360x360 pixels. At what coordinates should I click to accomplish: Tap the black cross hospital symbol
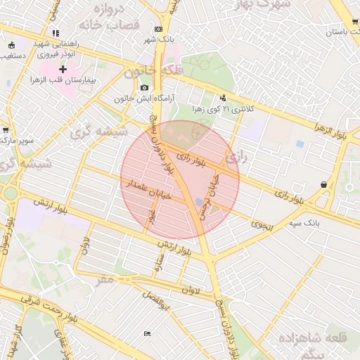[x=63, y=69]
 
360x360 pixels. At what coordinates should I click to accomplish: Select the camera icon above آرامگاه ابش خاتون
[x=144, y=88]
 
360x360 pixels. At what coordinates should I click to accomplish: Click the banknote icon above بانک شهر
[x=159, y=29]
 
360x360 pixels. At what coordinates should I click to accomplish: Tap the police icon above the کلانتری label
[x=224, y=98]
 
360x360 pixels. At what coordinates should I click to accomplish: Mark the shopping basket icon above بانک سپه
[x=323, y=185]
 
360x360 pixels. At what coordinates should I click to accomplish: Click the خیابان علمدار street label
[x=149, y=190]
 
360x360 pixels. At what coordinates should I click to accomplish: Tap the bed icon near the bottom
[x=146, y=333]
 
